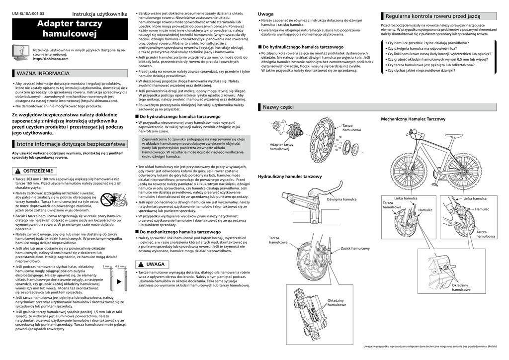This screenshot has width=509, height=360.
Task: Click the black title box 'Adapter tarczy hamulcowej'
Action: click(x=70, y=29)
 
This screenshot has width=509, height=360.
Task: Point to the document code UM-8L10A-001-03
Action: click(x=28, y=13)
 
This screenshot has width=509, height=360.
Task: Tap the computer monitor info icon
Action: click(x=21, y=52)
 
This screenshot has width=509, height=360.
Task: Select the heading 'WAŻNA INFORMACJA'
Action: click(x=43, y=73)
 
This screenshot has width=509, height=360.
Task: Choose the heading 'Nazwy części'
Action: click(x=278, y=107)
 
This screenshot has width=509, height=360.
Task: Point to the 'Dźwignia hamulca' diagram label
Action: click(x=341, y=199)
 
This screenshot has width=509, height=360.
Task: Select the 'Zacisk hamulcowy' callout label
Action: click(x=355, y=248)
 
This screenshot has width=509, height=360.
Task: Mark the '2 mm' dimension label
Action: click(x=105, y=267)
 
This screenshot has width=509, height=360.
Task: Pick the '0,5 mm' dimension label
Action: click(x=120, y=267)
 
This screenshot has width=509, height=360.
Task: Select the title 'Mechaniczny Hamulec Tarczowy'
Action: click(x=413, y=119)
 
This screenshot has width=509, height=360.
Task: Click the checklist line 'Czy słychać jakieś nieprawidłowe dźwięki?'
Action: click(x=421, y=71)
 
